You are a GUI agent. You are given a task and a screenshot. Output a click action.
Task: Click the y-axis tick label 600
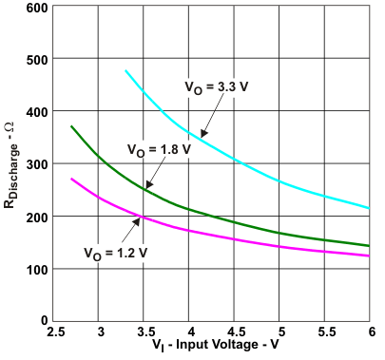pyautogui.click(x=36, y=9)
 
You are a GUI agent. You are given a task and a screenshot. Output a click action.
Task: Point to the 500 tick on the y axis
pyautogui.click(x=36, y=61)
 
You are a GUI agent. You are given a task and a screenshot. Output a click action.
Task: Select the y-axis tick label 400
pyautogui.click(x=36, y=113)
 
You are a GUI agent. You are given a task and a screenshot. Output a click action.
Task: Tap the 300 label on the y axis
pyautogui.click(x=36, y=165)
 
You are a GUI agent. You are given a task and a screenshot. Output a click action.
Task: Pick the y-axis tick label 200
pyautogui.click(x=36, y=218)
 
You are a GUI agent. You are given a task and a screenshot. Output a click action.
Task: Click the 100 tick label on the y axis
pyautogui.click(x=36, y=269)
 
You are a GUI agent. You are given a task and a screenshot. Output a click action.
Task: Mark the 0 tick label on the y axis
pyautogui.click(x=44, y=321)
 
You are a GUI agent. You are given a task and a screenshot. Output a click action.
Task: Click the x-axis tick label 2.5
pyautogui.click(x=55, y=332)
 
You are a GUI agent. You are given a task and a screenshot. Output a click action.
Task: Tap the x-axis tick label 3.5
pyautogui.click(x=145, y=332)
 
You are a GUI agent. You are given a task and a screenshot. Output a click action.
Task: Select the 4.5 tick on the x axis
pyautogui.click(x=235, y=332)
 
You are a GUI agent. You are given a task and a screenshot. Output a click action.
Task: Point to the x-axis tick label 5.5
pyautogui.click(x=325, y=332)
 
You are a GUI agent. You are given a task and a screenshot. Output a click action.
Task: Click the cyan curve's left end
pyautogui.click(x=126, y=70)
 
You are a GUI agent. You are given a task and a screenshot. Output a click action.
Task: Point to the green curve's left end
pyautogui.click(x=72, y=126)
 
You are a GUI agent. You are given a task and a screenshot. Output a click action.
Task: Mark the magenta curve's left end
pyautogui.click(x=72, y=179)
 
